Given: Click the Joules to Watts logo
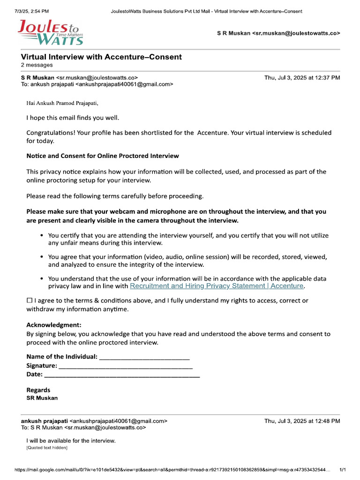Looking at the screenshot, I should coord(50,32).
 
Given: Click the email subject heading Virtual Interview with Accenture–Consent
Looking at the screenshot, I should coord(101,57).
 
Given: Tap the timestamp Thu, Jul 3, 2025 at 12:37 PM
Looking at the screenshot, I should coord(302,78).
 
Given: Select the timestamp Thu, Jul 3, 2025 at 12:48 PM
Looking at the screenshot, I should coord(302,421).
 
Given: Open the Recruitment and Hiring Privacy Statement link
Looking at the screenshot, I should coord(217,285).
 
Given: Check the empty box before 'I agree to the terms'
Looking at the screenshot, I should coord(30,300).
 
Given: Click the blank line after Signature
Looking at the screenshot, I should coord(125,366).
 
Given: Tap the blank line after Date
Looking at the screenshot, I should coord(122,375).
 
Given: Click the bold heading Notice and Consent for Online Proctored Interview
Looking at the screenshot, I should coord(102,156).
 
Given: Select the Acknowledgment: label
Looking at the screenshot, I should coord(54,325).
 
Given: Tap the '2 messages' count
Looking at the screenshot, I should coord(37,65).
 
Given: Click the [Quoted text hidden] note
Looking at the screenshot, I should coord(47,448).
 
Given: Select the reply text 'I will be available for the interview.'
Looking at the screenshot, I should coord(71,441).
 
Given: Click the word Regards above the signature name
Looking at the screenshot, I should coord(38,390).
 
